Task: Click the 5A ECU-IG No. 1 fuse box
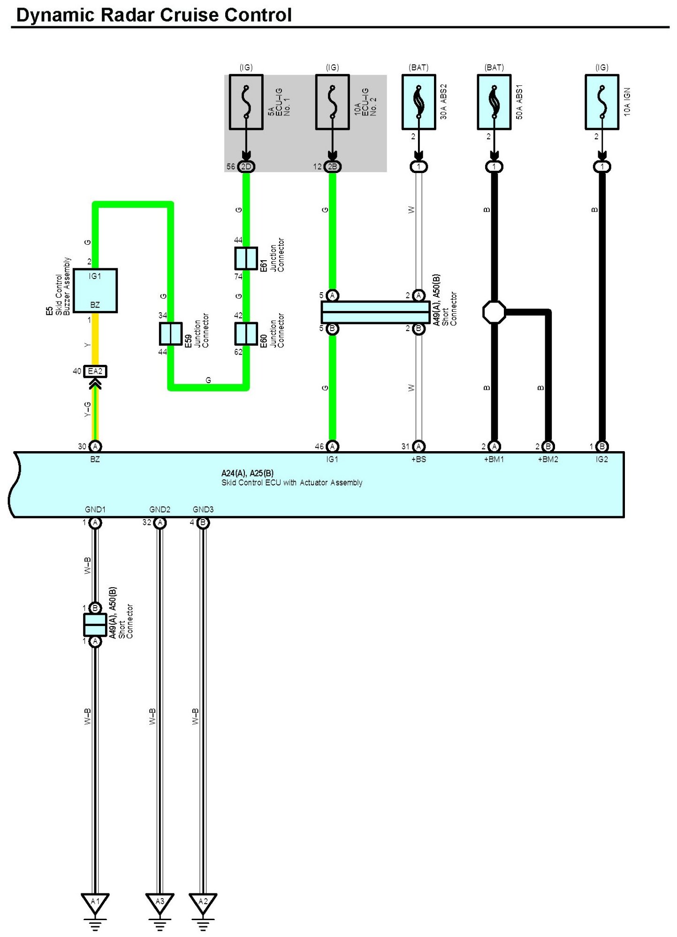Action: [246, 102]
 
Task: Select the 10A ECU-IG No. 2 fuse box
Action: [332, 102]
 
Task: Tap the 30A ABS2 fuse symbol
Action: [418, 102]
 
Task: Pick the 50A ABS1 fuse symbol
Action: [494, 102]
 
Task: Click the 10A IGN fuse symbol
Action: [602, 102]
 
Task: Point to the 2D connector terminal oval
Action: [246, 166]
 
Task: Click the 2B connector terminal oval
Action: [332, 166]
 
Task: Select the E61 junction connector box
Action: [246, 258]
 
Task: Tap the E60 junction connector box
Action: [246, 333]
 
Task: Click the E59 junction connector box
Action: [170, 333]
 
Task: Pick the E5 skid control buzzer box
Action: [95, 290]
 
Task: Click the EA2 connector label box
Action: [95, 371]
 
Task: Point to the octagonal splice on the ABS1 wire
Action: [494, 312]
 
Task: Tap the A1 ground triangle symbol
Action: [95, 903]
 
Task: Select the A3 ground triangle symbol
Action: [160, 903]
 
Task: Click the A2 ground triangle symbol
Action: [203, 903]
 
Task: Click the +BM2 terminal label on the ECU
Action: [548, 459]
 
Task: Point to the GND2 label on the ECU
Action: [160, 509]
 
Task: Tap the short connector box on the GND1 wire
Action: [95, 625]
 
